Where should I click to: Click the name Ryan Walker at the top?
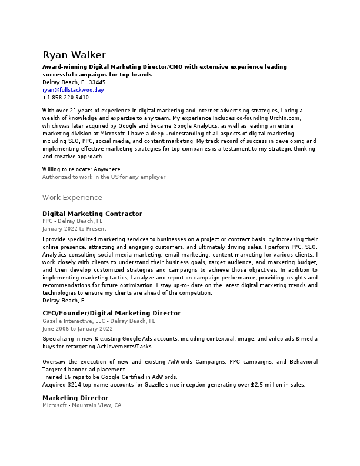(74, 55)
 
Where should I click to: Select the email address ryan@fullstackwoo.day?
(73, 90)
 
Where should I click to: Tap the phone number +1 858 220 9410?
(66, 98)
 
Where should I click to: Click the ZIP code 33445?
(97, 82)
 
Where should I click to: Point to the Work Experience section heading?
(72, 198)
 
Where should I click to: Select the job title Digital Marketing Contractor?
(92, 214)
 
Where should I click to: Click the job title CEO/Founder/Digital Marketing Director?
(111, 313)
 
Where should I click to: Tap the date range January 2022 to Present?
(74, 228)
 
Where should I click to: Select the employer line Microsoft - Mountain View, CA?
(82, 406)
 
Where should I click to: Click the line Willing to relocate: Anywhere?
(81, 169)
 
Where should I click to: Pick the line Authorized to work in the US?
(104, 177)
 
